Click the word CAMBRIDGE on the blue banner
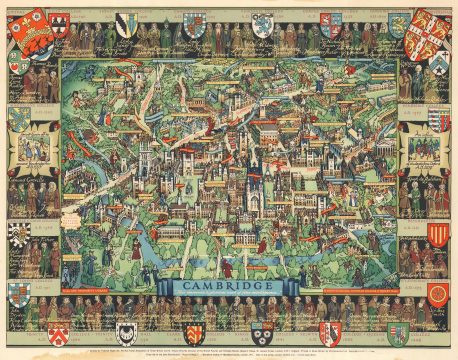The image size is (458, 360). (229, 287)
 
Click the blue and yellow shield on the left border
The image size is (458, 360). (18, 118)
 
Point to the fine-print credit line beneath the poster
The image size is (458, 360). (229, 353)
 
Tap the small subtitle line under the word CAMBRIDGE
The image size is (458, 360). (229, 297)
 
